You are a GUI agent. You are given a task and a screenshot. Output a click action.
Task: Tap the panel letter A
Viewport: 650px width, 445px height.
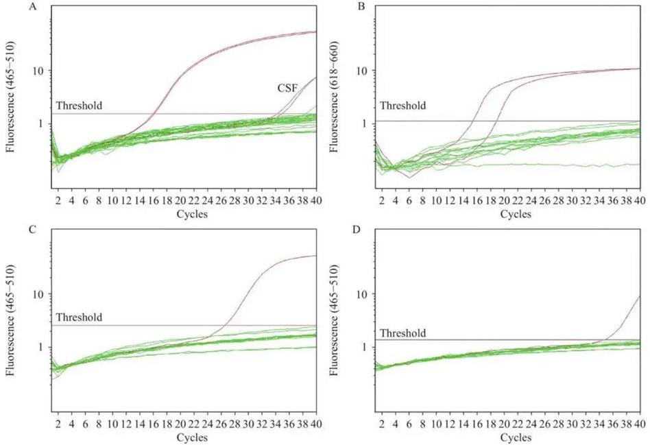coord(12,8)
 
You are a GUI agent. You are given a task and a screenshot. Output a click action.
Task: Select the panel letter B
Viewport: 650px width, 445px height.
coord(336,8)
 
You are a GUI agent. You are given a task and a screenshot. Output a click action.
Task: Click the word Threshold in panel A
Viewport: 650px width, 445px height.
coord(79,106)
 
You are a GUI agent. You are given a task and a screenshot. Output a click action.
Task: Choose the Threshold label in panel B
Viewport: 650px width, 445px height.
coord(403,106)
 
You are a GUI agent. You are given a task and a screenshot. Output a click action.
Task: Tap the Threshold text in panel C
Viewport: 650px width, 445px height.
coord(79,317)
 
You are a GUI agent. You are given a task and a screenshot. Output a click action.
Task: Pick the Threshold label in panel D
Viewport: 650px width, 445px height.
coord(403,333)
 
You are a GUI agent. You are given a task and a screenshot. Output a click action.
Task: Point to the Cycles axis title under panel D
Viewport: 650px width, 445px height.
coord(515,437)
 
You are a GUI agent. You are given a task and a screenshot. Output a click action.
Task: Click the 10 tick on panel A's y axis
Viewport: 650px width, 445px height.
coord(38,71)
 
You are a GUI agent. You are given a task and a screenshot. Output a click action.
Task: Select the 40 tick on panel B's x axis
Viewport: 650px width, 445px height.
coord(639,200)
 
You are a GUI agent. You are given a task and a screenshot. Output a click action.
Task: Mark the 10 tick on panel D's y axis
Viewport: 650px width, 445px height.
coord(363,293)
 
